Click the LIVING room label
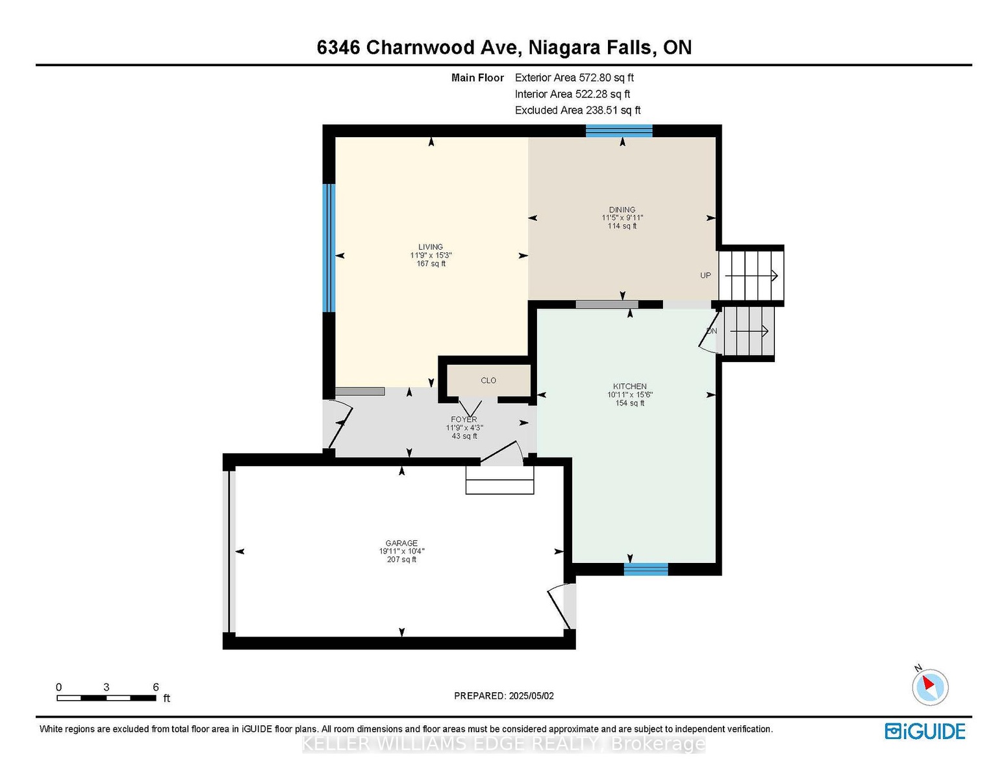[431, 247]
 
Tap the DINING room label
[622, 210]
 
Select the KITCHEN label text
[629, 386]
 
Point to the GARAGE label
[401, 543]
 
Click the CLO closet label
[488, 380]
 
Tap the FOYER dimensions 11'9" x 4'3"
[464, 428]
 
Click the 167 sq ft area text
[431, 263]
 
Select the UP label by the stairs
[705, 275]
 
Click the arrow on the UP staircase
[751, 276]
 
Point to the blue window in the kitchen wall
[646, 569]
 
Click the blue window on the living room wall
[329, 248]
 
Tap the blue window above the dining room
[619, 131]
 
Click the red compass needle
[928, 682]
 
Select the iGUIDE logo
[925, 731]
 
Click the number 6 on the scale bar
[156, 687]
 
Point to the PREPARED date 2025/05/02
[531, 696]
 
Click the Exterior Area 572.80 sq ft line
[574, 77]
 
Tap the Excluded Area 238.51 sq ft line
[577, 110]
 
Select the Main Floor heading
[477, 77]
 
